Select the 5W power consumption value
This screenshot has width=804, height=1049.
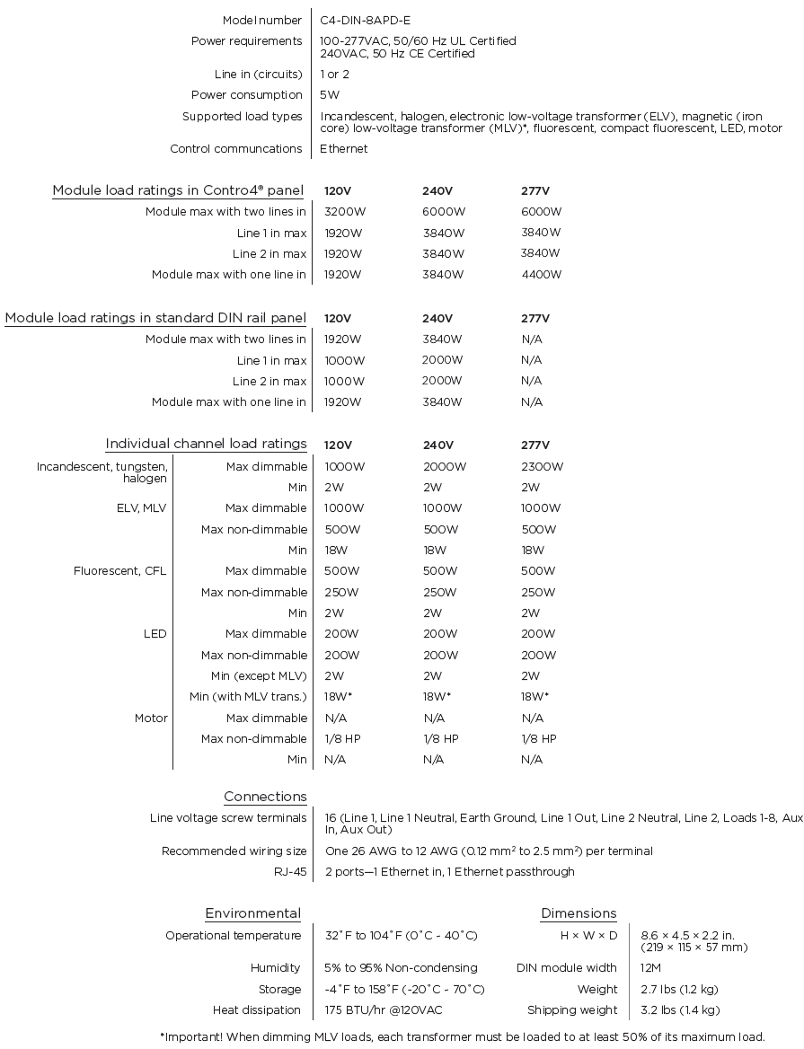(x=330, y=95)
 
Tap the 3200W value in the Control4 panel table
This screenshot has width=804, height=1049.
(x=344, y=212)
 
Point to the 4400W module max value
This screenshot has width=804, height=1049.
(x=542, y=275)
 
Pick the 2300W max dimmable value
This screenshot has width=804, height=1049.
(x=543, y=467)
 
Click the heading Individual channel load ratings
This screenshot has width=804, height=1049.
(x=206, y=444)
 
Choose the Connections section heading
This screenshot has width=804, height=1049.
(x=265, y=797)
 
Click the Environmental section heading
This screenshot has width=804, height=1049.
(x=252, y=913)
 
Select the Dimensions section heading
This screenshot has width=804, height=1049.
(x=579, y=913)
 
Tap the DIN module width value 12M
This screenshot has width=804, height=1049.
(x=651, y=968)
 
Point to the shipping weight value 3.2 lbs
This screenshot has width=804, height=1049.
(x=680, y=1010)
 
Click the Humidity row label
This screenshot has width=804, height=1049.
(x=276, y=968)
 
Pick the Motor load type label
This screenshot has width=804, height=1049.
(x=151, y=718)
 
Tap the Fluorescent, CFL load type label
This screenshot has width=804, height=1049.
(x=119, y=571)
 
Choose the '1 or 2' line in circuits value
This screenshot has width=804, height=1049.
(x=335, y=75)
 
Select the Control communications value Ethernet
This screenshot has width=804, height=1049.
(x=344, y=149)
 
